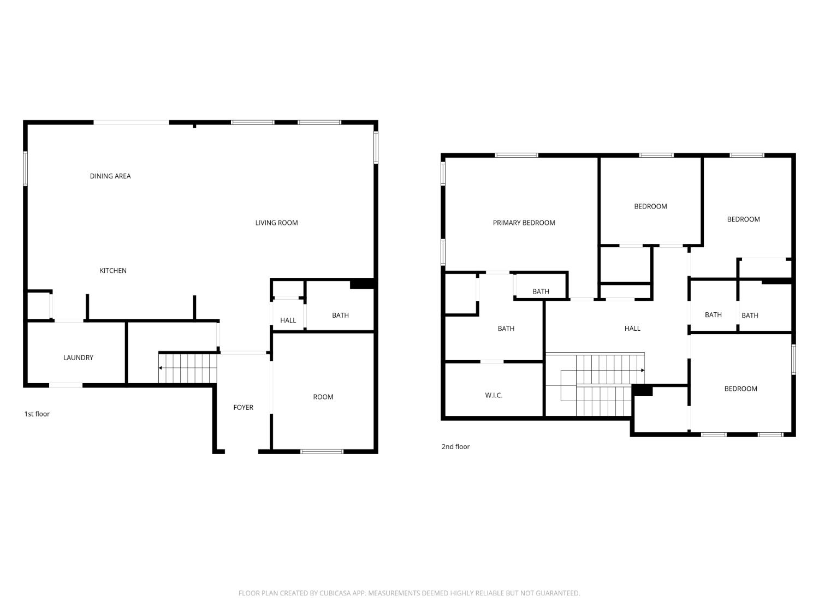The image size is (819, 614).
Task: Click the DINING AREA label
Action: (110, 176)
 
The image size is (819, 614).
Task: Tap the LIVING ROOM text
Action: (276, 223)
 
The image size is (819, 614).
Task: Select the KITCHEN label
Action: (113, 271)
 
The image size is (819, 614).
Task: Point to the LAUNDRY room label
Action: (79, 358)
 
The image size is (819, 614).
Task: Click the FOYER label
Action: (244, 408)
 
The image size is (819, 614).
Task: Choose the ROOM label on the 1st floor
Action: (323, 397)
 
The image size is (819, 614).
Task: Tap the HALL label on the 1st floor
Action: (288, 320)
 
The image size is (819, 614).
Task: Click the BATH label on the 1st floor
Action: (340, 315)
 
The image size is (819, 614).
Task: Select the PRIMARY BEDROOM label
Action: (524, 223)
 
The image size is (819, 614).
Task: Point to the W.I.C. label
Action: (494, 396)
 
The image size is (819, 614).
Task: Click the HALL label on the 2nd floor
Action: (632, 329)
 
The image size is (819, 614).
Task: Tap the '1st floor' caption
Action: (37, 414)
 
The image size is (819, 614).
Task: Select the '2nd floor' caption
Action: (455, 446)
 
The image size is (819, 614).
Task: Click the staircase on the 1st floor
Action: (188, 368)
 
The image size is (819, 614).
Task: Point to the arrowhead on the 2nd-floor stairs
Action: (643, 371)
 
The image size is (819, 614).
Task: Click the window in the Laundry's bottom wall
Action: (66, 385)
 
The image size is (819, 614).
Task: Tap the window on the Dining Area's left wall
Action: (25, 169)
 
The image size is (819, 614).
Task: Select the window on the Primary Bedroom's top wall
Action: (517, 155)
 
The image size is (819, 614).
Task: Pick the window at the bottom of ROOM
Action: (322, 452)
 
